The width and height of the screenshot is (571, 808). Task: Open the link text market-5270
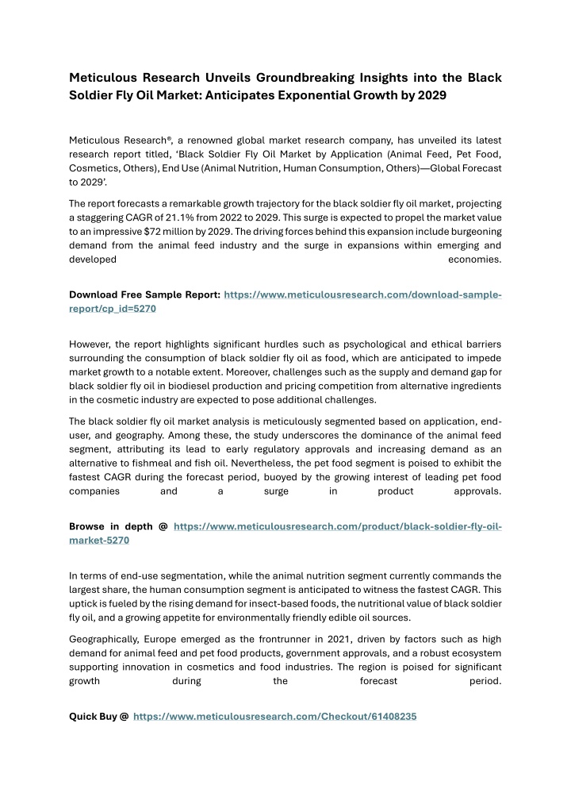(x=99, y=540)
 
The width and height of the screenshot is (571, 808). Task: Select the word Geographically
(x=106, y=638)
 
